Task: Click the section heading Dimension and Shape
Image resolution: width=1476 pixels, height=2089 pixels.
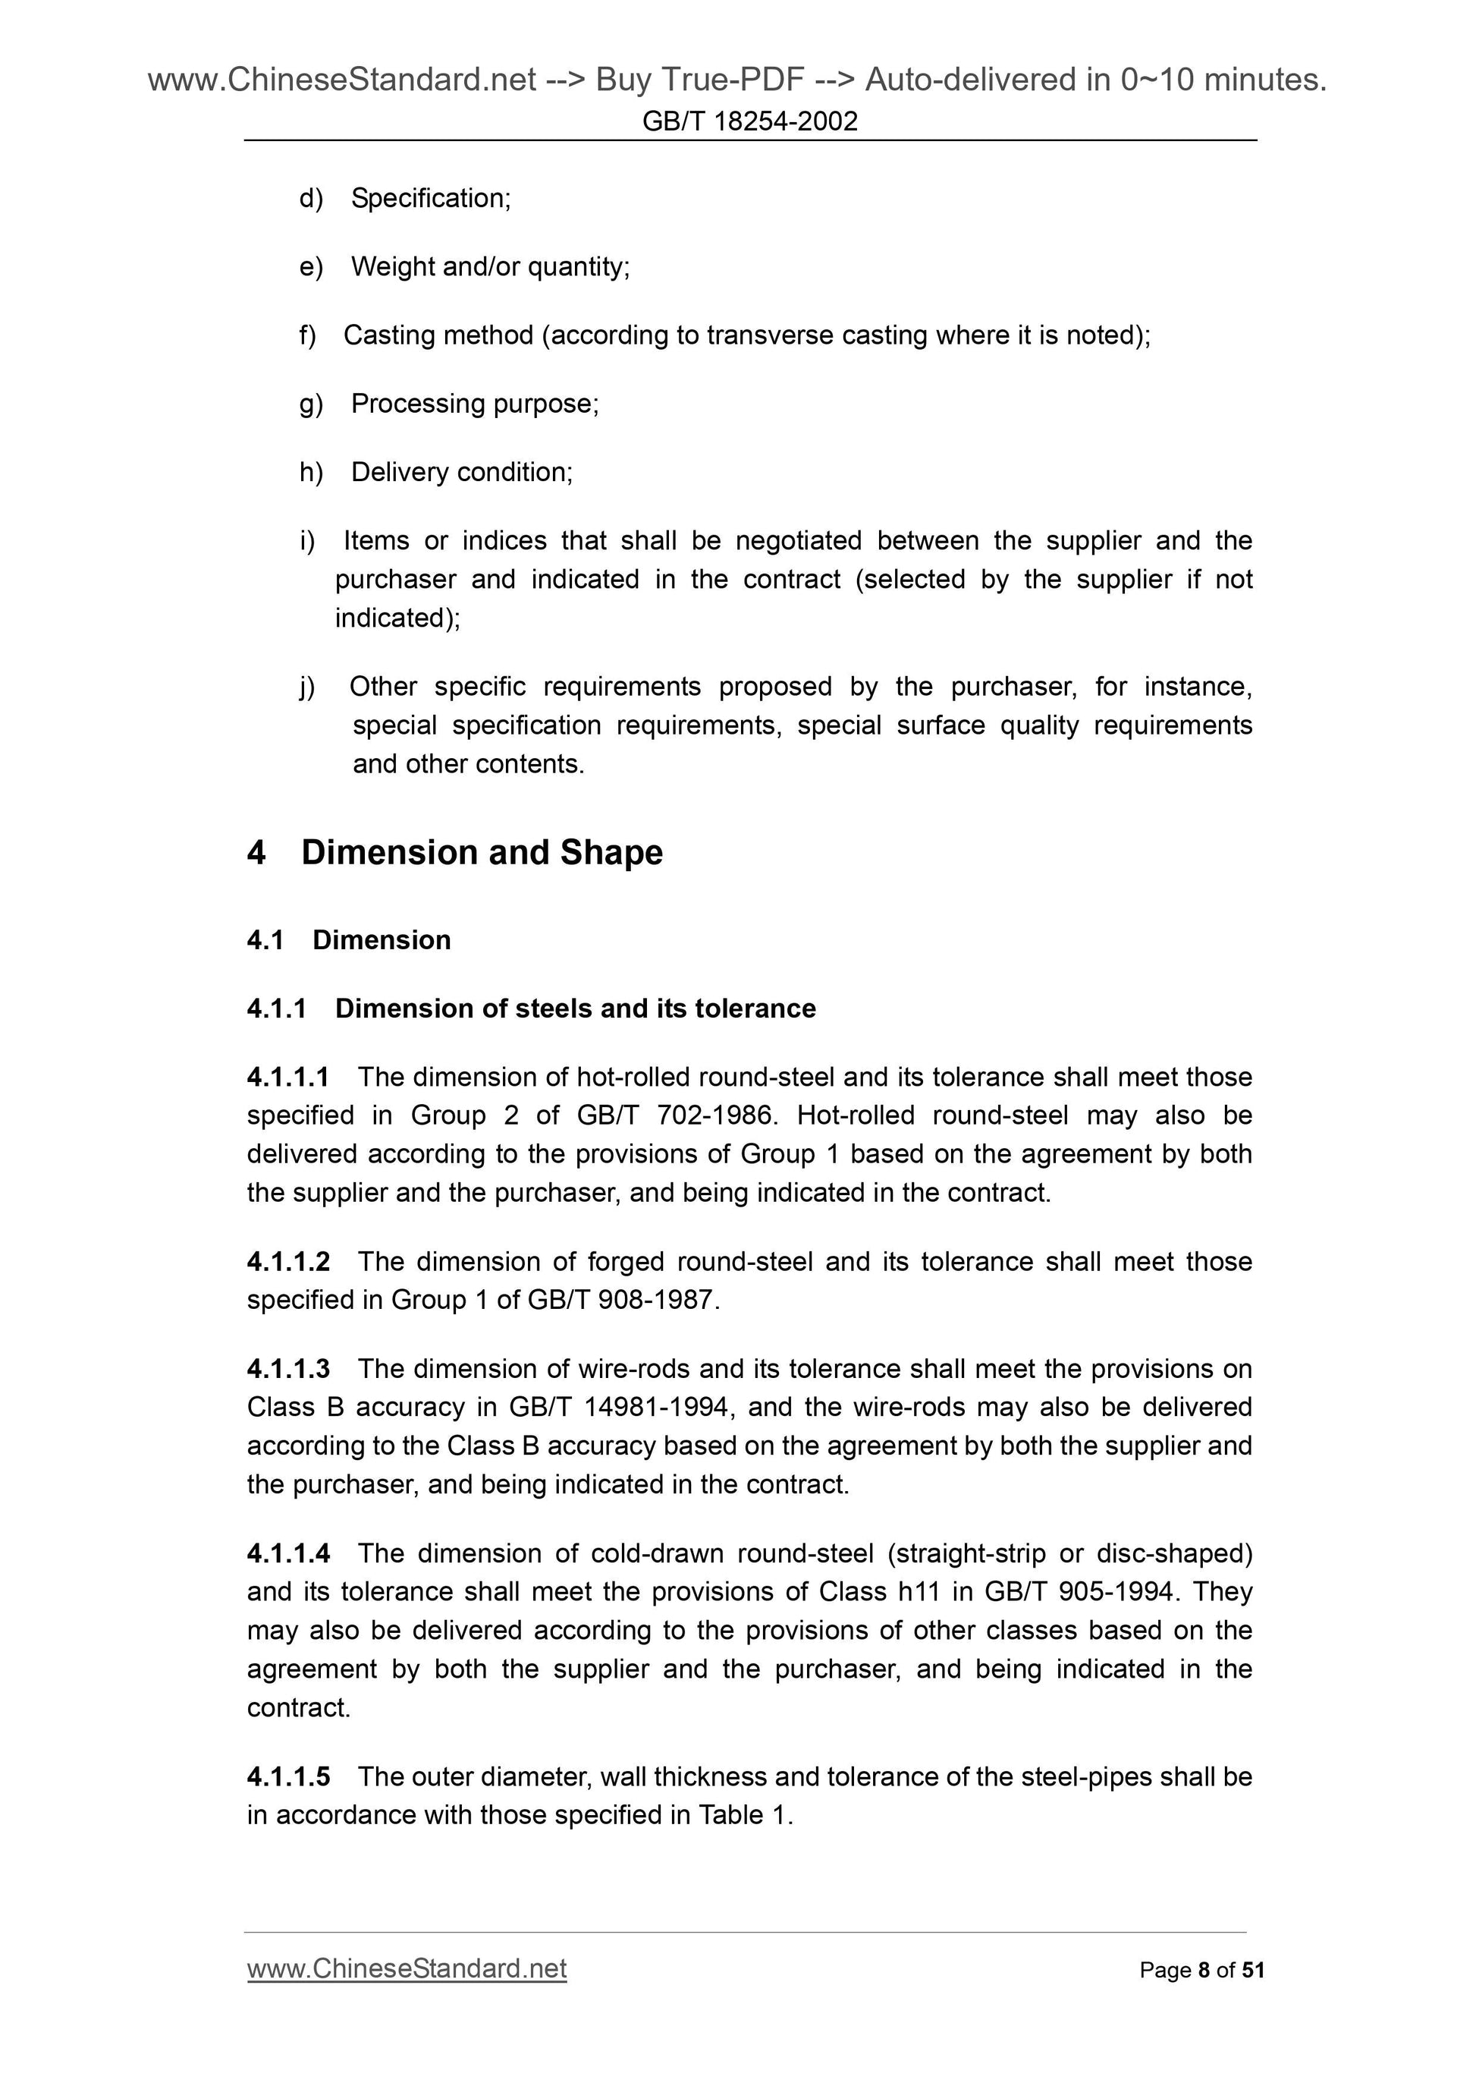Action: [481, 853]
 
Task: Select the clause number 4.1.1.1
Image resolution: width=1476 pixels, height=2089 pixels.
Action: [288, 1078]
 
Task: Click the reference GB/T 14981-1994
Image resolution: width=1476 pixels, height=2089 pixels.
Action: [618, 1408]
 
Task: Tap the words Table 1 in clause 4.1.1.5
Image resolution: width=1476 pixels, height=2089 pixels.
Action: [744, 1815]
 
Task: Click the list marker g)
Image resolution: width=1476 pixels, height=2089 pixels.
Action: [311, 404]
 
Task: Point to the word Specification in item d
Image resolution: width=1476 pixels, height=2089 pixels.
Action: [429, 198]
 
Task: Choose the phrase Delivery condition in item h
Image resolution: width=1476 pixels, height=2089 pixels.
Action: [461, 472]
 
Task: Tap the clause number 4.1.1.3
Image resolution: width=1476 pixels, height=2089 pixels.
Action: [288, 1370]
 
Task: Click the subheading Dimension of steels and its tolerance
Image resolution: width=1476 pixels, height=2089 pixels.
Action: [575, 1008]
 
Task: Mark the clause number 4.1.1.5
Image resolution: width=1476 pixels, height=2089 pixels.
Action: [288, 1777]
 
